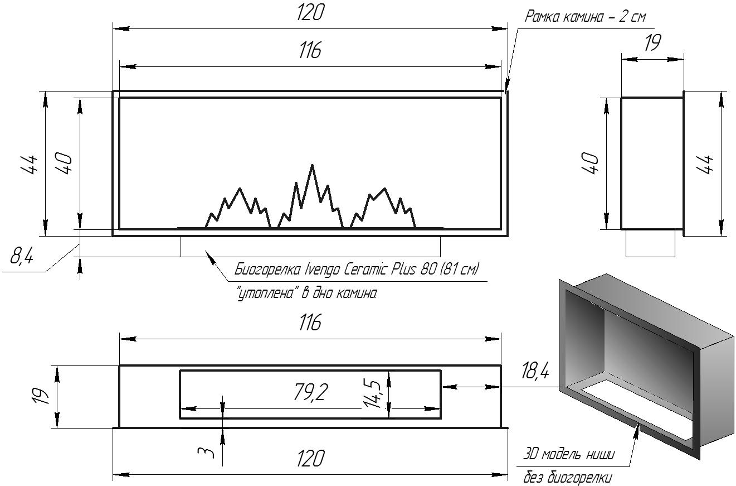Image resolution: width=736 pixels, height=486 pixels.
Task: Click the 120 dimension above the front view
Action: [x=310, y=13]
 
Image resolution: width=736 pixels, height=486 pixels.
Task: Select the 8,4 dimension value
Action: [x=22, y=256]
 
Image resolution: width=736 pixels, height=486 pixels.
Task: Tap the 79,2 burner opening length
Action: [x=310, y=392]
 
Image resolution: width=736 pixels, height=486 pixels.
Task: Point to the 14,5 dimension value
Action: [x=373, y=393]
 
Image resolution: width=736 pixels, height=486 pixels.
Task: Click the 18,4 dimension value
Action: [x=535, y=371]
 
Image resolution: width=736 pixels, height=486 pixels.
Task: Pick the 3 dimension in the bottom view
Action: [x=206, y=452]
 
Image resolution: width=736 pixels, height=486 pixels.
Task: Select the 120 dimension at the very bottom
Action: [x=310, y=458]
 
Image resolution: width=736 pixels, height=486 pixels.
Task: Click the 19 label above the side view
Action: [x=652, y=43]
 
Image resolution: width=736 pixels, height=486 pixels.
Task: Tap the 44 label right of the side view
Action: [x=704, y=164]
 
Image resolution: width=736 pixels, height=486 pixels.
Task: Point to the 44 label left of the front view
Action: [x=30, y=164]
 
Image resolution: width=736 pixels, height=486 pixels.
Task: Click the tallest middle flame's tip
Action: [x=312, y=165]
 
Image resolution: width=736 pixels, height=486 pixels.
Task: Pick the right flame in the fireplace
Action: [x=383, y=208]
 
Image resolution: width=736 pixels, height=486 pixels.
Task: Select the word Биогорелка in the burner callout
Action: [x=267, y=270]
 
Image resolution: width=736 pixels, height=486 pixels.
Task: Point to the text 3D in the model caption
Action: [x=530, y=454]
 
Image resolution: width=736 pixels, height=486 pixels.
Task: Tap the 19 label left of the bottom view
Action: [x=40, y=396]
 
